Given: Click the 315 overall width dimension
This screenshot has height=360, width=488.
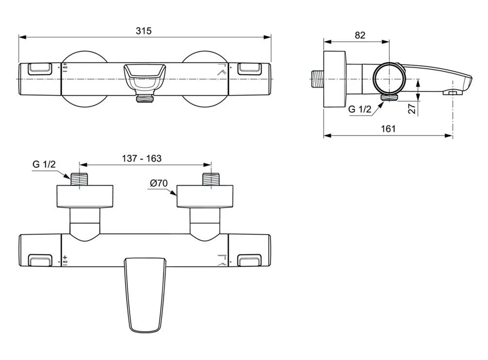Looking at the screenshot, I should click(143, 31).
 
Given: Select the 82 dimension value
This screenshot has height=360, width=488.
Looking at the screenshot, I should click(360, 35).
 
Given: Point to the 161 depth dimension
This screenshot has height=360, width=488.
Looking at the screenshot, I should click(388, 128).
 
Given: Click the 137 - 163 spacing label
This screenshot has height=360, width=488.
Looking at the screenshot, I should click(141, 158).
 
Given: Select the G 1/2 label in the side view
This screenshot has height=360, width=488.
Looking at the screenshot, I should click(359, 109).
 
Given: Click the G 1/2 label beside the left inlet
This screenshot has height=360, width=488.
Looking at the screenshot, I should click(44, 164).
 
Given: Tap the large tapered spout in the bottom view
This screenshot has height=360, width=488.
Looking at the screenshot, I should click(144, 293).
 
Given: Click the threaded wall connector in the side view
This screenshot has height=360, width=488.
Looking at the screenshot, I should click(317, 78).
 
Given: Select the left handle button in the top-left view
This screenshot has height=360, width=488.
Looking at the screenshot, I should click(40, 69).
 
